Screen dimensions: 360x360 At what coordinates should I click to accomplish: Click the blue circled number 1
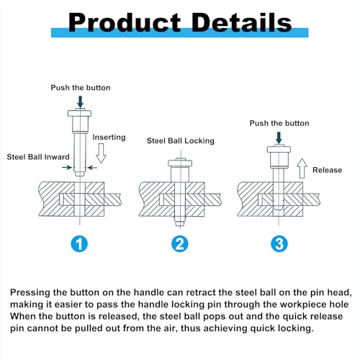point(79,244)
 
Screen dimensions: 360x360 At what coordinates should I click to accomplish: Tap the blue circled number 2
point(180,244)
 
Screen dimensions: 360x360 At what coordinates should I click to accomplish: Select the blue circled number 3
point(279,244)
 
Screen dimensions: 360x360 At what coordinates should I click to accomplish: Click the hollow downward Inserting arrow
point(101,153)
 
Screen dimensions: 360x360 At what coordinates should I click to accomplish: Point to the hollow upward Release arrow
point(302,168)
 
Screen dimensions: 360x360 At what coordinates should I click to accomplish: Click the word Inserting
point(109,137)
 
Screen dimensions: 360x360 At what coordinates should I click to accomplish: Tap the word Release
point(327,170)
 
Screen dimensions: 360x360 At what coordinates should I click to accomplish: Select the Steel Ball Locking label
point(181,140)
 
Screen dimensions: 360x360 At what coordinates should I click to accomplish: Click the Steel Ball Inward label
point(38,157)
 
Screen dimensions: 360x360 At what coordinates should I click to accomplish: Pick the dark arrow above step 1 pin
point(81,102)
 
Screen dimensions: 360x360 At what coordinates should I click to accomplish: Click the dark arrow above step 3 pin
point(279,138)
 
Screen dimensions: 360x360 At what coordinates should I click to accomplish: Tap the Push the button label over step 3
point(279,123)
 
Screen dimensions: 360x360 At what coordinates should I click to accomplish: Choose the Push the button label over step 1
point(81,88)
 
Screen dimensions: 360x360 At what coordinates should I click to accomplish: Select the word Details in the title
point(242,22)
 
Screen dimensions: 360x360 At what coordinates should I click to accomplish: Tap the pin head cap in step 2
point(180,163)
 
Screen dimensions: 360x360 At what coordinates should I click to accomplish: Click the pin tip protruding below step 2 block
point(180,222)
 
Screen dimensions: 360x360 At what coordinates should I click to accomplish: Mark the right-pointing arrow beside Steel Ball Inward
point(67,167)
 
